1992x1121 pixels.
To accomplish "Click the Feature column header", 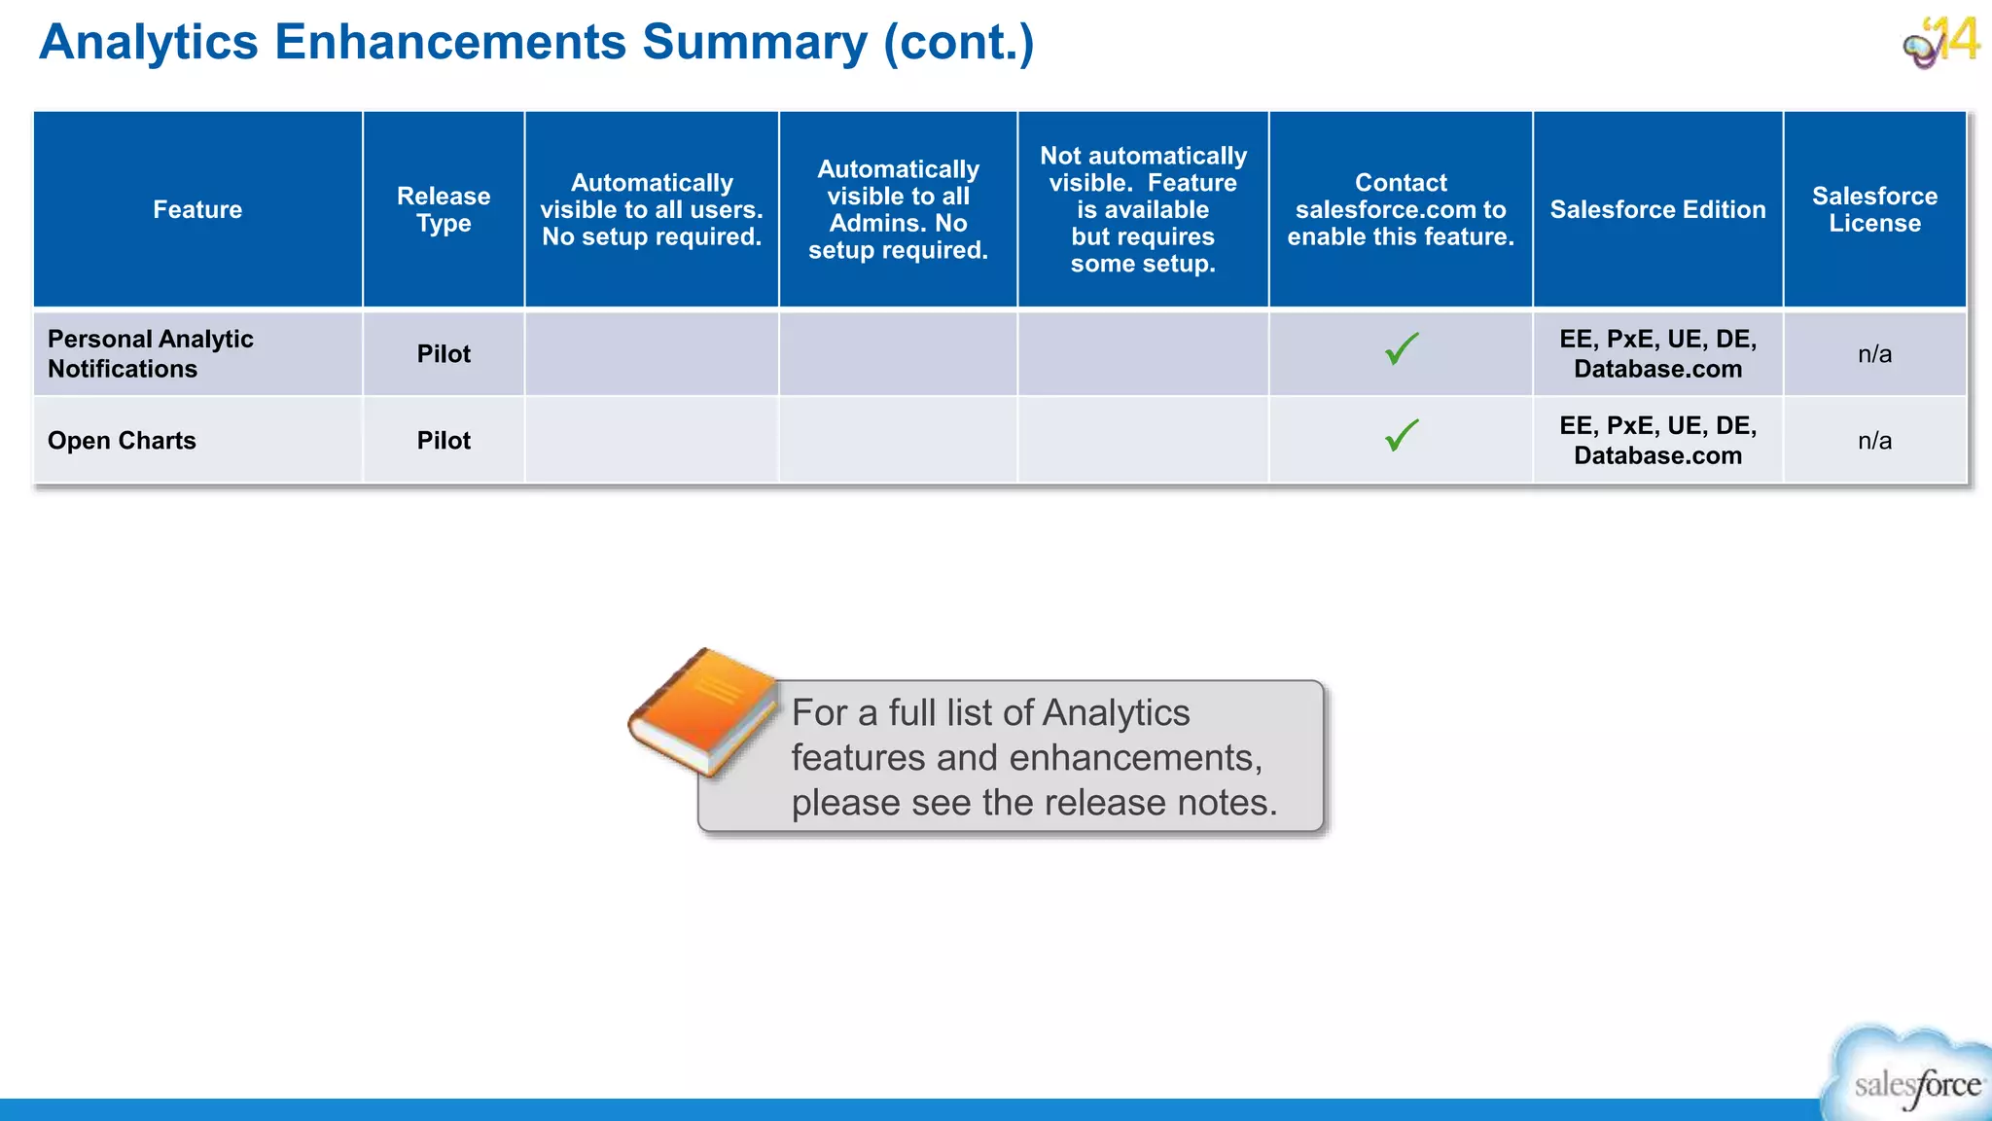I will (x=197, y=210).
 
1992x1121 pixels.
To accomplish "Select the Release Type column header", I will (x=444, y=210).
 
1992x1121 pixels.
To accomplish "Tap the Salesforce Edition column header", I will (x=1657, y=210).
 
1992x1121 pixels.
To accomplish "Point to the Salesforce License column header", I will (x=1874, y=210).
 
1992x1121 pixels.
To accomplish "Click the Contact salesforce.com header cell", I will (x=1401, y=210).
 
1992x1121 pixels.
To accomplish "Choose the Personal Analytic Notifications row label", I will (x=151, y=354).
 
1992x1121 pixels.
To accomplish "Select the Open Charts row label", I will (x=122, y=441).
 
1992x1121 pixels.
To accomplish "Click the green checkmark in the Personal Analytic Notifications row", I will (x=1402, y=348).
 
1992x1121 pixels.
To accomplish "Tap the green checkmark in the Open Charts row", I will (x=1402, y=435).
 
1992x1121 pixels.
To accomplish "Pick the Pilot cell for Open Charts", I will (x=444, y=441).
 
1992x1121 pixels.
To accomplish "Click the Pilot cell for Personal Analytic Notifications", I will (x=444, y=354).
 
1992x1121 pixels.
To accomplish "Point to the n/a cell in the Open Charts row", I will (x=1874, y=441).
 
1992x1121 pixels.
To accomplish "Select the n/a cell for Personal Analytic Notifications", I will (x=1874, y=354).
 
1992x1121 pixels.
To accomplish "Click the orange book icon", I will (x=702, y=712).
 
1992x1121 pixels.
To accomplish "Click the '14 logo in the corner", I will (x=1941, y=43).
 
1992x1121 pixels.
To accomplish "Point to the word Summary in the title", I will (x=754, y=43).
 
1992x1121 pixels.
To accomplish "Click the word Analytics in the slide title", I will (x=149, y=43).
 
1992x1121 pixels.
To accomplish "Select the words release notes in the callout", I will (x=1161, y=803).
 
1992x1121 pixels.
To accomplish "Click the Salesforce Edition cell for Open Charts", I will (x=1657, y=441).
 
